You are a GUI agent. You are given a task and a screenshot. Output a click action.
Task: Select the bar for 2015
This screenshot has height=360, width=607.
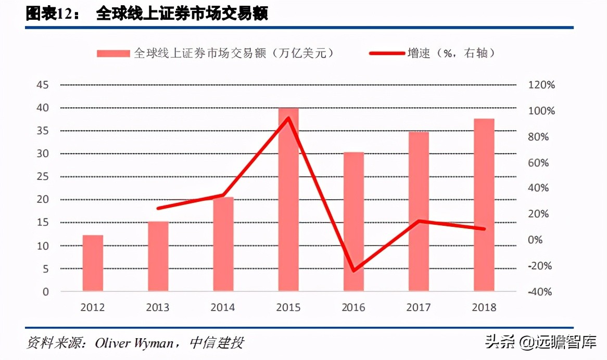(288, 200)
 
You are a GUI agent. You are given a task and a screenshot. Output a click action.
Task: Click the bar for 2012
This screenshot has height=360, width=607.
(93, 263)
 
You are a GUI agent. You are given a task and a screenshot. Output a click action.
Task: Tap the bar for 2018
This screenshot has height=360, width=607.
(484, 205)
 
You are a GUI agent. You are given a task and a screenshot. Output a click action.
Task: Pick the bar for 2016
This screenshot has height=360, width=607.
(353, 222)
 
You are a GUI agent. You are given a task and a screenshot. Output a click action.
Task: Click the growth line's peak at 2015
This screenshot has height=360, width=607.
(288, 118)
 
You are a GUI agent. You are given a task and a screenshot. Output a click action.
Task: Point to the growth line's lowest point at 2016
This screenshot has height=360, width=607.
(353, 271)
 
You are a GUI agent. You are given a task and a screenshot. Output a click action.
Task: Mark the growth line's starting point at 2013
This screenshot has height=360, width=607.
(158, 208)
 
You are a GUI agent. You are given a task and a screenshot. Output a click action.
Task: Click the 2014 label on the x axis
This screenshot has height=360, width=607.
(223, 307)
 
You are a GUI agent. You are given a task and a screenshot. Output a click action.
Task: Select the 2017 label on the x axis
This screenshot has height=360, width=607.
(419, 307)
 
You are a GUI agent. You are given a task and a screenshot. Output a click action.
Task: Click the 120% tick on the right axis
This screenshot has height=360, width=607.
(541, 85)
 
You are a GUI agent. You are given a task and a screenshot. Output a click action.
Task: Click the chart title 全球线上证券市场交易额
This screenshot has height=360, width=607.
(182, 15)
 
